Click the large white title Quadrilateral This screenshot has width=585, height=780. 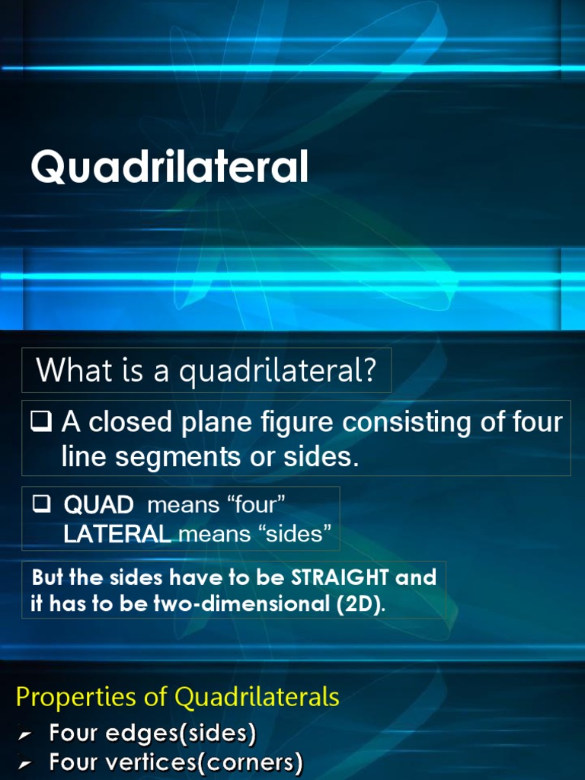click(169, 168)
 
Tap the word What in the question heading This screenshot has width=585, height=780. click(68, 371)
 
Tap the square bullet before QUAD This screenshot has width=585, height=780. click(42, 503)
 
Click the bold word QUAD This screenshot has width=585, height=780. click(98, 504)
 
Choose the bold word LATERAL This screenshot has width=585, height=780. click(117, 535)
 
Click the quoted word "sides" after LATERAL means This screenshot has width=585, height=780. click(296, 535)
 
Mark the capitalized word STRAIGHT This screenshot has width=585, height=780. click(347, 577)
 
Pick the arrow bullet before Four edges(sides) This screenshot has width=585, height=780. click(25, 735)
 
